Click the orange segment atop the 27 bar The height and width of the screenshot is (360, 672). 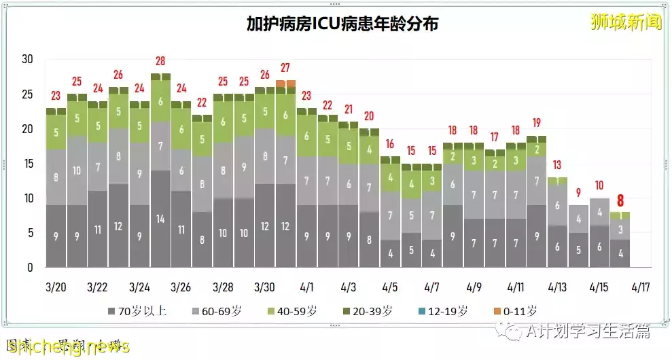285,84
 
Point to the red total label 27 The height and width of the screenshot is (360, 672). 285,68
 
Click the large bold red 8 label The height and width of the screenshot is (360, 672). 620,201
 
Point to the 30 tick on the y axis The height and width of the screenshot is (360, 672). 27,59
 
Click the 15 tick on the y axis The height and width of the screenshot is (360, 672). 27,164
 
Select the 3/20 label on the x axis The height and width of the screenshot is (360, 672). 56,287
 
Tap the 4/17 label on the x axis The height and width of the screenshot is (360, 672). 640,287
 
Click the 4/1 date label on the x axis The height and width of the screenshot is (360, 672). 306,287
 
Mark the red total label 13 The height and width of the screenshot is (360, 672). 557,165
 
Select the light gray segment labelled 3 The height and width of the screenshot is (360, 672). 620,229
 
